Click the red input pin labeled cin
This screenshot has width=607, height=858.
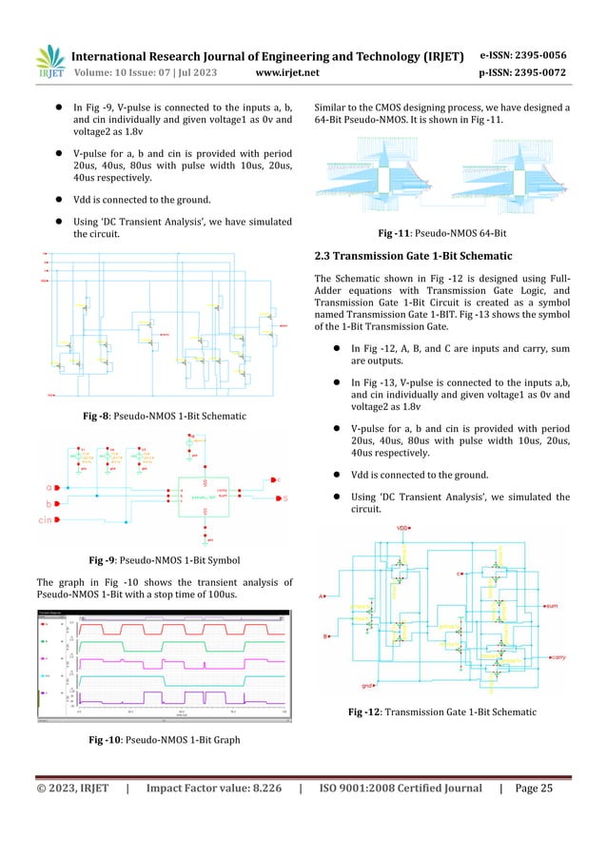click(x=57, y=519)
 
